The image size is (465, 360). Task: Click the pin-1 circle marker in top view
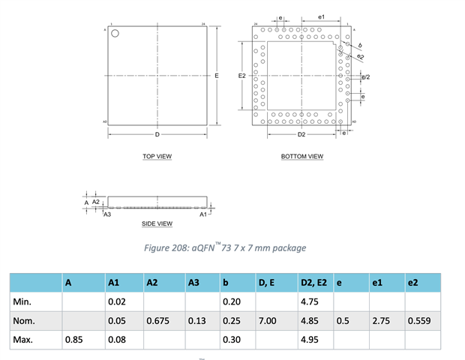[x=115, y=33]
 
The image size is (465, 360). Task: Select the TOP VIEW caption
[x=157, y=157]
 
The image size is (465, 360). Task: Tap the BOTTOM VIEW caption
[x=301, y=157]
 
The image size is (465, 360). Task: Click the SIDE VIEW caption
[x=157, y=223]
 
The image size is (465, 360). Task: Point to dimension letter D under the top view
[x=157, y=135]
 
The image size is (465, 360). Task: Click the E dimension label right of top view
[x=216, y=76]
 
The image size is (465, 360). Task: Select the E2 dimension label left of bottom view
[x=241, y=76]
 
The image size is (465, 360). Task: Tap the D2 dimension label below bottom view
[x=301, y=135]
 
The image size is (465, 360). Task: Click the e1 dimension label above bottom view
[x=321, y=16]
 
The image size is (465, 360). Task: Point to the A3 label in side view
[x=107, y=214]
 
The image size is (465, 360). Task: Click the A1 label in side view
[x=202, y=214]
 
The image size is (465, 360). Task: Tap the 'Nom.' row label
[x=25, y=321]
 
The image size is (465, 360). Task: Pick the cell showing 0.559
[x=419, y=321]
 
